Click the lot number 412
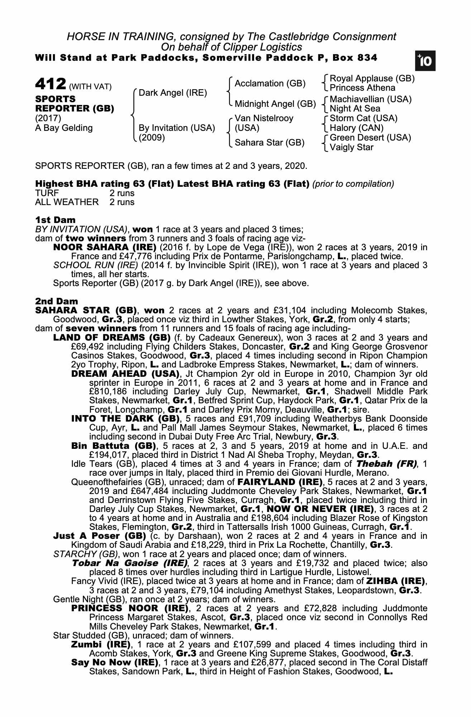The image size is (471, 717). click(x=51, y=84)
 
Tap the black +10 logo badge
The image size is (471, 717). click(x=425, y=61)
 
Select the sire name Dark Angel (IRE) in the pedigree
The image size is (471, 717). click(x=173, y=93)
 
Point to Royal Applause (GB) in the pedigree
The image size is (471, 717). click(x=372, y=79)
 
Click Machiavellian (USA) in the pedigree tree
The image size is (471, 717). click(x=371, y=99)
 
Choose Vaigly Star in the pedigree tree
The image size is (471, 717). click(x=352, y=147)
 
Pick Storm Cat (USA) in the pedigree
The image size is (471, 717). click(x=363, y=118)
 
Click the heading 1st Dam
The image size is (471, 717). click(x=56, y=220)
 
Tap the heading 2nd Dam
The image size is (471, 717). click(x=57, y=301)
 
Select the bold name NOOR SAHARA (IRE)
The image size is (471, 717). click(x=105, y=247)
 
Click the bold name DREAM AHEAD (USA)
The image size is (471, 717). click(x=125, y=374)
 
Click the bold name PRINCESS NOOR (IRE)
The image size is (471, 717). click(x=130, y=608)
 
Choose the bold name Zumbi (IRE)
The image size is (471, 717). click(x=101, y=644)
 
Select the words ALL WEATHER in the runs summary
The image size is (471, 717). click(x=67, y=202)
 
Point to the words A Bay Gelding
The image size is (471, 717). click(x=64, y=128)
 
